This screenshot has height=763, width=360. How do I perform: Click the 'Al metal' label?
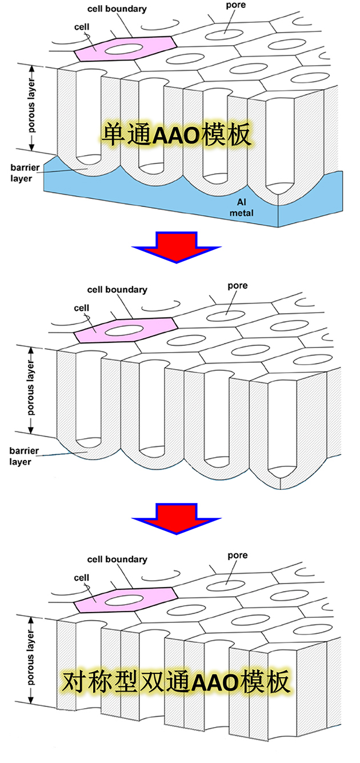pos(241,207)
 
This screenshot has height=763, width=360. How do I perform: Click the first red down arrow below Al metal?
pos(177,247)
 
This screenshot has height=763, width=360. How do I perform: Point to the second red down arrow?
pos(177,518)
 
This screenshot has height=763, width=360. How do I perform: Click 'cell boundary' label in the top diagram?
pos(117,9)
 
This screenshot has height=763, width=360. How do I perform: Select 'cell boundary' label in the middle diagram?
pos(117,290)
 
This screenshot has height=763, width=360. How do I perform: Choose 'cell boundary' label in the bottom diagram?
pos(117,560)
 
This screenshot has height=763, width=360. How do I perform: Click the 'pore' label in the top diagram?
pos(235,6)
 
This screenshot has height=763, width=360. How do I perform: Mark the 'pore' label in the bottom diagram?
pos(238,556)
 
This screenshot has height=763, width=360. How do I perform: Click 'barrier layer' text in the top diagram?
pos(25,173)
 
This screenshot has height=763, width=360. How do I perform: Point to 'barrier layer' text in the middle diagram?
pos(24,457)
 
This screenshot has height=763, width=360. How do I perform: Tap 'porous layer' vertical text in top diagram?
pos(31,106)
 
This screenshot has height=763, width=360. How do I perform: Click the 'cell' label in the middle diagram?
pos(81,308)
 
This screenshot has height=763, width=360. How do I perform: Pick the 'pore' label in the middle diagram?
pos(238,286)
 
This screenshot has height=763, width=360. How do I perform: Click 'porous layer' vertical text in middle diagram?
pos(31,388)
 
